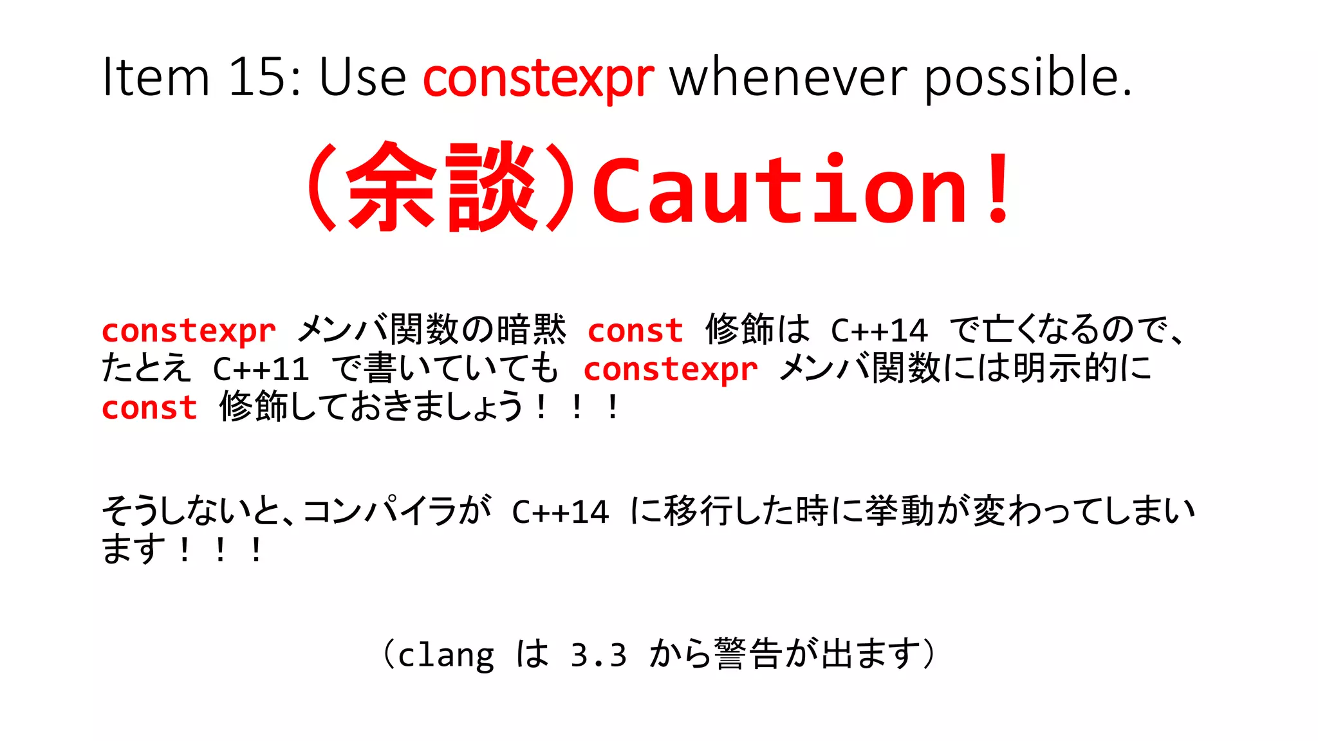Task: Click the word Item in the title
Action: coord(156,77)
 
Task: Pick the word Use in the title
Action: coord(362,77)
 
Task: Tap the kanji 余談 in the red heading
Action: coord(441,187)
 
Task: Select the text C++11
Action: coord(261,369)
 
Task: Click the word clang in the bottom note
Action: coord(446,655)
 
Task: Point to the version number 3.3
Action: coord(599,655)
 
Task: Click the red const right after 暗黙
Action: coord(635,331)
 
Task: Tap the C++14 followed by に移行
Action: coord(560,513)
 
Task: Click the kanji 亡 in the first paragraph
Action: coord(999,329)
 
